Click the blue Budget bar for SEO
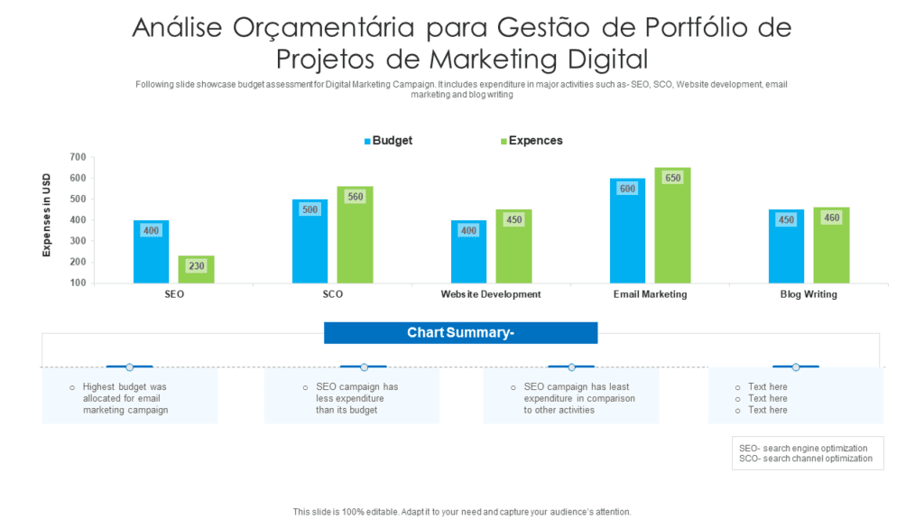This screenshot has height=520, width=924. (151, 252)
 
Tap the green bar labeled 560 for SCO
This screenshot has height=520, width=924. (355, 235)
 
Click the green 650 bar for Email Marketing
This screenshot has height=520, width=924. (672, 226)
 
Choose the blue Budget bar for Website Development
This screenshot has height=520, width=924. (468, 252)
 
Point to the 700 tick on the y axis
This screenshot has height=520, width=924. (77, 157)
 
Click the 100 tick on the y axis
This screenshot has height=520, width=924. (77, 283)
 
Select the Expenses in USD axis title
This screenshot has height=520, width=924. (46, 216)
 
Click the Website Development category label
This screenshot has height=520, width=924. (491, 294)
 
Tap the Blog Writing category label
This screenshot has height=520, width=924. (808, 294)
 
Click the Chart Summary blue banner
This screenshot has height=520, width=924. (460, 333)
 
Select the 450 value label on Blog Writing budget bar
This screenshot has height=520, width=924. (786, 219)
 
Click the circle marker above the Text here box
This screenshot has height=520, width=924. (796, 367)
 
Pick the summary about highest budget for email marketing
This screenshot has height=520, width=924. (125, 398)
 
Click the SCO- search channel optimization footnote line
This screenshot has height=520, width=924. (806, 459)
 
